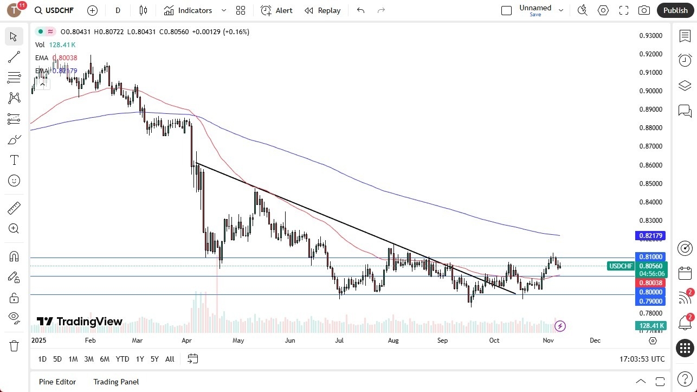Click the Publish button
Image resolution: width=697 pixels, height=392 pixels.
[675, 10]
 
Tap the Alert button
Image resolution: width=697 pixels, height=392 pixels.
[276, 10]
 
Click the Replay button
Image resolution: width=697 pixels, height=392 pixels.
[322, 10]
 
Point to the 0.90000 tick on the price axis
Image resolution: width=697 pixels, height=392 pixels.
[651, 91]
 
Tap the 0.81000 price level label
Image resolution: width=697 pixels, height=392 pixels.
[651, 256]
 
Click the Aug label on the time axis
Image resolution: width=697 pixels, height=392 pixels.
[393, 340]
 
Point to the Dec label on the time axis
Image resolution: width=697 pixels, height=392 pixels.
[595, 340]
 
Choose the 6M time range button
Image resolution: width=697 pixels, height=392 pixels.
[105, 359]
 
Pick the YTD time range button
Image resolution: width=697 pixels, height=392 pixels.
[122, 359]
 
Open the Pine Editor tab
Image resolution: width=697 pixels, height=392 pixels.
[57, 382]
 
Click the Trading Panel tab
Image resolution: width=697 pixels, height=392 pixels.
[116, 382]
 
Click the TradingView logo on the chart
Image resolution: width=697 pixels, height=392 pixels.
[80, 322]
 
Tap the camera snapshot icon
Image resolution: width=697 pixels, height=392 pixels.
[644, 10]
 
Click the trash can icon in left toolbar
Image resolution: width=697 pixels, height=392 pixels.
[14, 345]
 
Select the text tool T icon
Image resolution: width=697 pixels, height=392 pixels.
[14, 160]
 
